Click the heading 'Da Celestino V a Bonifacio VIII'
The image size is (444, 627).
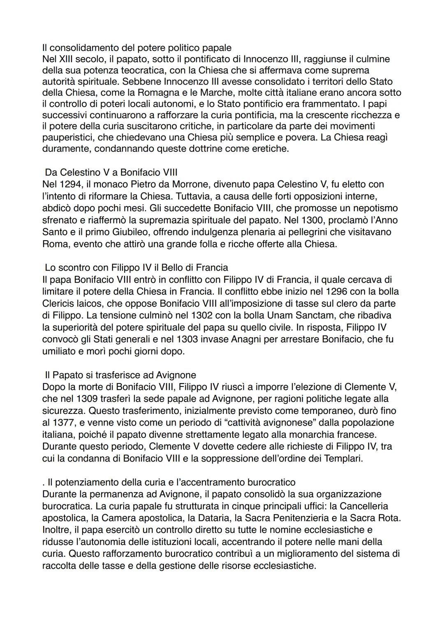pyautogui.click(x=111, y=172)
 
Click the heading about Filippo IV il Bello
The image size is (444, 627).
pyautogui.click(x=136, y=268)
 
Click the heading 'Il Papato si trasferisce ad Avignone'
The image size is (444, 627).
pyautogui.click(x=120, y=375)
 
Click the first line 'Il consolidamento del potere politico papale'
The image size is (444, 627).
pyautogui.click(x=136, y=48)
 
